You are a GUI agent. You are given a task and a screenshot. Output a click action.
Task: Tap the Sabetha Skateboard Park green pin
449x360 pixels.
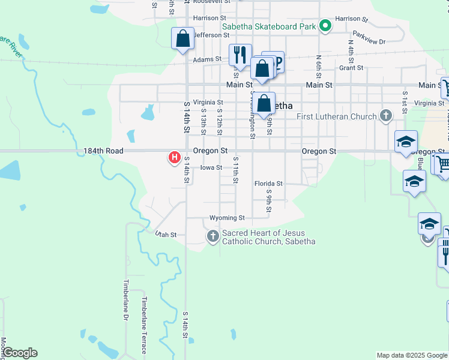[325, 26]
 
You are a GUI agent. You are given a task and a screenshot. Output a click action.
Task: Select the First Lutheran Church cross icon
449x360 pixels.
[386, 116]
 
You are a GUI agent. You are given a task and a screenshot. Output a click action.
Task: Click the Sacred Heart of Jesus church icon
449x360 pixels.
[212, 237]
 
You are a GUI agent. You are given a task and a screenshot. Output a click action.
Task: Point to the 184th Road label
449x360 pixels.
[100, 152]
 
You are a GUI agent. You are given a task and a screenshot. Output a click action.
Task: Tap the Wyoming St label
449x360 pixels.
[227, 218]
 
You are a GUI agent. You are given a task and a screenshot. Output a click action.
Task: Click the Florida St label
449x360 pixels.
[268, 184]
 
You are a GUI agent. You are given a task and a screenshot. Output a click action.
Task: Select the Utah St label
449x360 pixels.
[166, 235]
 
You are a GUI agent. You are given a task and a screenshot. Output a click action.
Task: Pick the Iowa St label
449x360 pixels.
[211, 168]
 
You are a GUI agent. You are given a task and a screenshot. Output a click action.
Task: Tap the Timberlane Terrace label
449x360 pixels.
[144, 325]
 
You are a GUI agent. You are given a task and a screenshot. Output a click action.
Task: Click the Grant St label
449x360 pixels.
[351, 68]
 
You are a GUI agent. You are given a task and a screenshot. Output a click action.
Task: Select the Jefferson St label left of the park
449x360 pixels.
[207, 35]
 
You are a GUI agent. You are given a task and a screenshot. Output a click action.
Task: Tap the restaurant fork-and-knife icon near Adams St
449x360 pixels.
[240, 55]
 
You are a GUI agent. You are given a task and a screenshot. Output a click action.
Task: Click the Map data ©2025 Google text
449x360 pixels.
[411, 355]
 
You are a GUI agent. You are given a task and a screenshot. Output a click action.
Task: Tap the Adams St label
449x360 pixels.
[207, 60]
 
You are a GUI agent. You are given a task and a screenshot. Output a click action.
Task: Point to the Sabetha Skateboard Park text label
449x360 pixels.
[269, 26]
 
